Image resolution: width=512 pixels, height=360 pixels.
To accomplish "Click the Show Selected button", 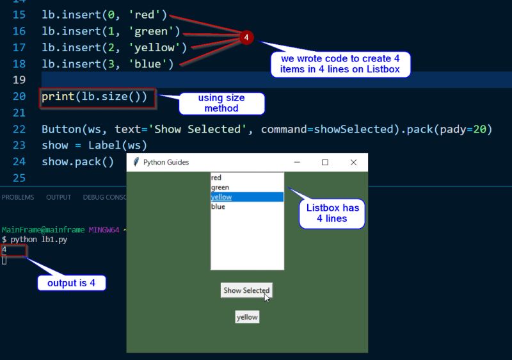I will point(246,290).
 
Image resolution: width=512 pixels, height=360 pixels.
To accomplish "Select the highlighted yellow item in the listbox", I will point(246,197).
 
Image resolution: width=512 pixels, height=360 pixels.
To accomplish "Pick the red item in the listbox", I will point(246,177).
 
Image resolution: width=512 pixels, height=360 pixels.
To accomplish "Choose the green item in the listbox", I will point(246,187).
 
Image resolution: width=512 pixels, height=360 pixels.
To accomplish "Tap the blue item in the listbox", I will point(246,207).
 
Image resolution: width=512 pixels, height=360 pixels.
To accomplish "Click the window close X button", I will point(353,163).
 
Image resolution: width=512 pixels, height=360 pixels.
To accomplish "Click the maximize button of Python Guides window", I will point(325,163).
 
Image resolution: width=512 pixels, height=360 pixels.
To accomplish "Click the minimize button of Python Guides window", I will point(297,163).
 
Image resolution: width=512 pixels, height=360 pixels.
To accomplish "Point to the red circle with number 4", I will point(247,38).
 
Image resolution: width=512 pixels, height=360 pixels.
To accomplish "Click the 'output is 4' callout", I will point(70,282).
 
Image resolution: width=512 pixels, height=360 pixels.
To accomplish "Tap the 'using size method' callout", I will point(221,103).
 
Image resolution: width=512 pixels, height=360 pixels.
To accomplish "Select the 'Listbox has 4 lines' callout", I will point(332,213).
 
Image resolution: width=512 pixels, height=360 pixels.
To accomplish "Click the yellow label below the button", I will point(247,317).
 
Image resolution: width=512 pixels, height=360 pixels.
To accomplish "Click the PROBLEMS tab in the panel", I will point(18,197).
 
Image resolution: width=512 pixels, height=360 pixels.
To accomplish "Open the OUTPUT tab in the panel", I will point(58,197).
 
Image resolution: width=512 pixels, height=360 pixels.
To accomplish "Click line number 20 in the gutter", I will point(19,96).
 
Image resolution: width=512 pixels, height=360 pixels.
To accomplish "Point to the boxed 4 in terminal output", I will point(13,250).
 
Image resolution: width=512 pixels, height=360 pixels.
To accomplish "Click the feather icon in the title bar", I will point(136,163).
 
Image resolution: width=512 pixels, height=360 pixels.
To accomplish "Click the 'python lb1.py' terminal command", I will point(38,240).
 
